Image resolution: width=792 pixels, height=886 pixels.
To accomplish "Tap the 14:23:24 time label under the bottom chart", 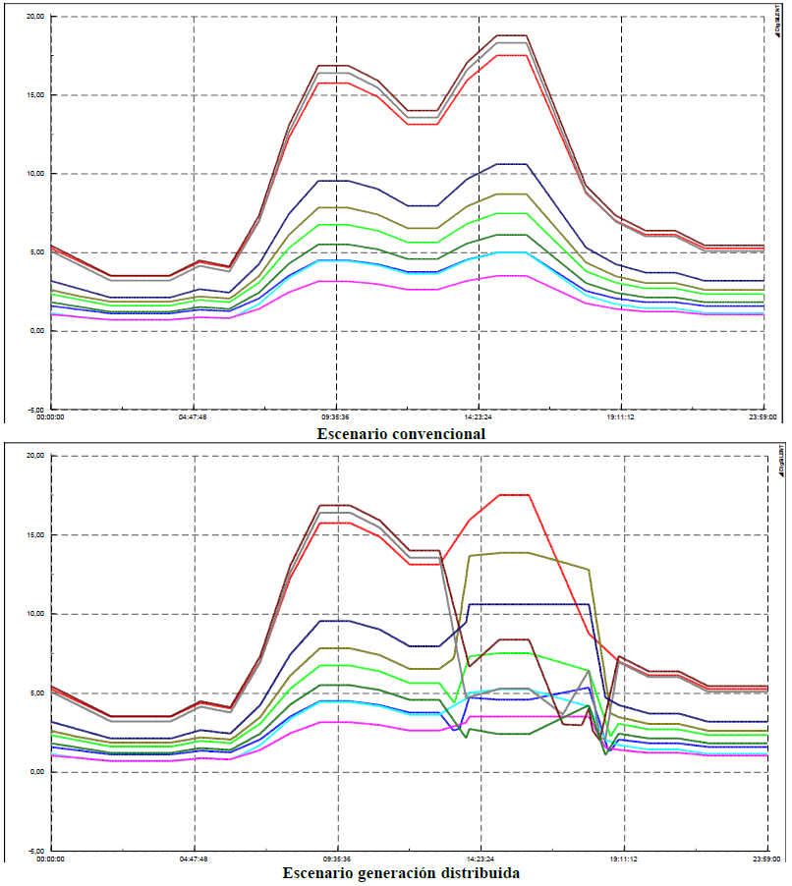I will [x=481, y=858].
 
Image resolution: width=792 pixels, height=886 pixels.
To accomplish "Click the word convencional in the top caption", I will [x=439, y=433].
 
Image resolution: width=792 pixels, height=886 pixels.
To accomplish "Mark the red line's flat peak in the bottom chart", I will [x=514, y=495].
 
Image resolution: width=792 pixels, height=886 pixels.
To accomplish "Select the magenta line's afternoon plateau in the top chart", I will [x=511, y=275].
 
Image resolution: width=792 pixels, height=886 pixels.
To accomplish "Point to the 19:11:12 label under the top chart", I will [x=621, y=416].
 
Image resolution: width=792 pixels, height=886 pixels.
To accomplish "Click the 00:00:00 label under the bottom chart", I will [x=50, y=858].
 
